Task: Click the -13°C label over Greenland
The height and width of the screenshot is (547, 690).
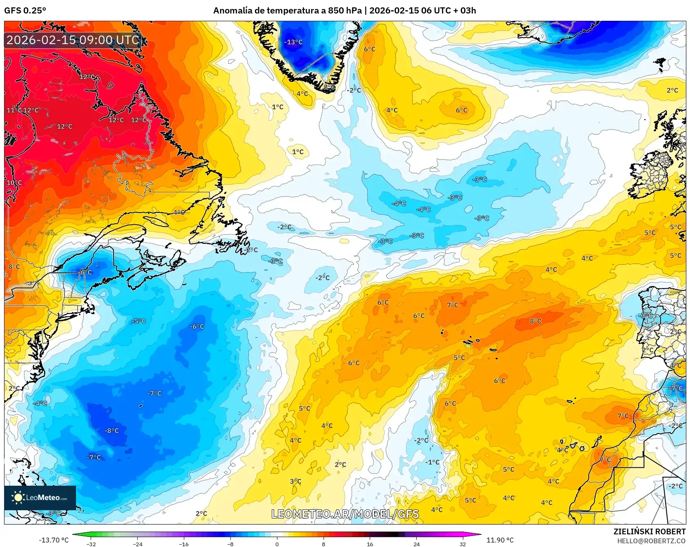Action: pos(293,42)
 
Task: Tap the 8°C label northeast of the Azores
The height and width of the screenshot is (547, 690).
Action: pos(535,321)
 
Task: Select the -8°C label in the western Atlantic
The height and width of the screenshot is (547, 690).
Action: pos(112,431)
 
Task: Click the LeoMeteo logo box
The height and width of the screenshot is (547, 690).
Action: pos(40,498)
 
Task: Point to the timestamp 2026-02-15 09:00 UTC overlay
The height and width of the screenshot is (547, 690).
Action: pos(73,40)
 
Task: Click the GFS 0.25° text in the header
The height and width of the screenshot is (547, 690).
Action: pos(25,11)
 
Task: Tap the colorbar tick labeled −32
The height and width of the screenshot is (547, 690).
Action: pos(91,544)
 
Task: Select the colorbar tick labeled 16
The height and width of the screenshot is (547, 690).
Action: pos(370,544)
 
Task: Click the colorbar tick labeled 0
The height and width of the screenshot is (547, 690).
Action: pos(277,544)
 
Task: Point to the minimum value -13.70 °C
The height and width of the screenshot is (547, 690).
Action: pos(54,540)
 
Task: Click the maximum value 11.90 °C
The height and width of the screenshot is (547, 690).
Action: pos(500,540)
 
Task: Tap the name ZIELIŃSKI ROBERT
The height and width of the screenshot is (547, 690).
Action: pos(649,531)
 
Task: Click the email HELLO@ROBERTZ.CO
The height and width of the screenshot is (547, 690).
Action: pos(651,541)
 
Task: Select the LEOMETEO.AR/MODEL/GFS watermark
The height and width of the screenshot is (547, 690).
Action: pos(345,514)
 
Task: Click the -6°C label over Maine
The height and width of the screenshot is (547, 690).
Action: pos(86,272)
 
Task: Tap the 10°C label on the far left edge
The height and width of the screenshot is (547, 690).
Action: pos(14,183)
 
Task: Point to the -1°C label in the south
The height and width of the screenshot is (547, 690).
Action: pos(432,462)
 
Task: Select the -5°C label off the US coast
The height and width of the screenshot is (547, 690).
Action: pos(138,321)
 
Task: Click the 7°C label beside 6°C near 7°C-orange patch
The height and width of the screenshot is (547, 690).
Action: pos(452,305)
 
